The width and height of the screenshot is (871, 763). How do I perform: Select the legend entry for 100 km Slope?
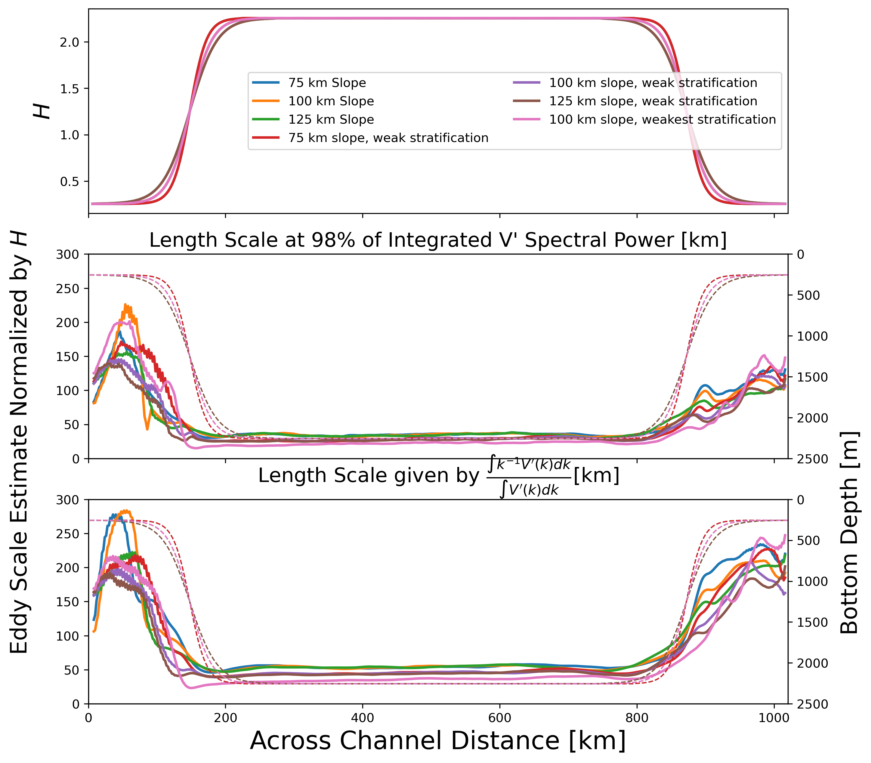(x=331, y=101)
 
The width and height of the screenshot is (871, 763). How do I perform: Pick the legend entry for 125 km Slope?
(x=331, y=119)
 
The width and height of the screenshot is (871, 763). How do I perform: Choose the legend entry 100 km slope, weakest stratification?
(x=662, y=119)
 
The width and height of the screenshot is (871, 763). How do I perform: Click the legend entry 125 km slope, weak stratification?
(x=653, y=101)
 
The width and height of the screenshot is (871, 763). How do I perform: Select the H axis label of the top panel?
(x=42, y=112)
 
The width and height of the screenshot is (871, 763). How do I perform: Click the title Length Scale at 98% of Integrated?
(x=438, y=240)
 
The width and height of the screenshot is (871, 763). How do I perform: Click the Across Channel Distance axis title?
(x=438, y=740)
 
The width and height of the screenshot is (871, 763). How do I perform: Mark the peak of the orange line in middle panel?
(x=125, y=305)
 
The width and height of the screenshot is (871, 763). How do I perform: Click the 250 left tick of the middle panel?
(x=68, y=289)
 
